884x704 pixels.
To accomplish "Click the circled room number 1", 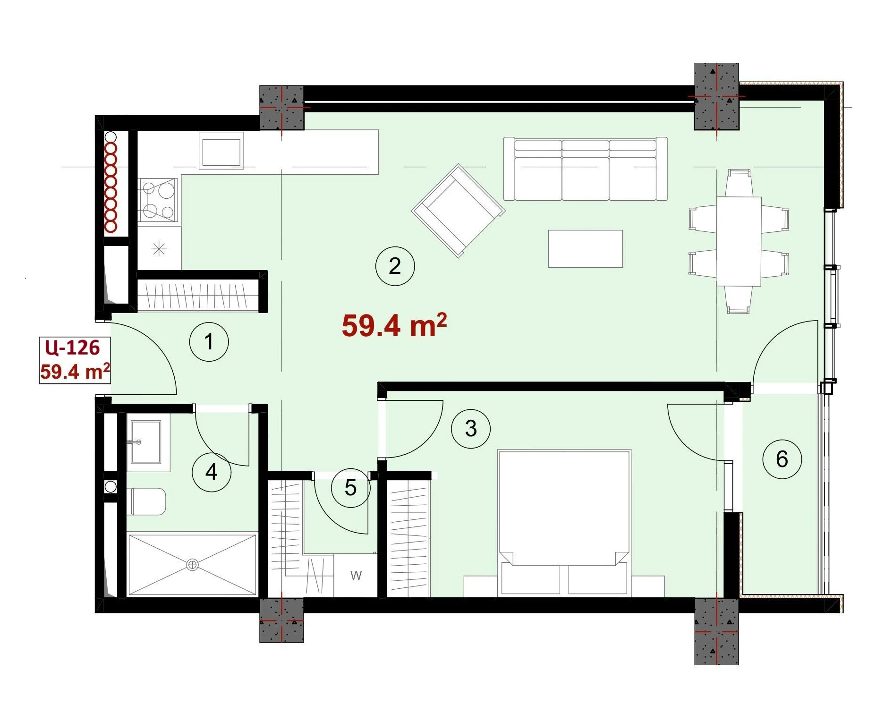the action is point(209,341).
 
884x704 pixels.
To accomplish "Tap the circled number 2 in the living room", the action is point(395,266).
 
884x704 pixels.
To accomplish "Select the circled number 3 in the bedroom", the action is point(471,429).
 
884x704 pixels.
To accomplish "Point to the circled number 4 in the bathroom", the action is point(212,472).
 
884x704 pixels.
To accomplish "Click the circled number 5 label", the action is point(351,488).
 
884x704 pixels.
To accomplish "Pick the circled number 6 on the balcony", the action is point(782,459).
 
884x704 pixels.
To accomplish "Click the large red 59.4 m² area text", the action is point(394,325).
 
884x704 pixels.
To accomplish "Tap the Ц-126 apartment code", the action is point(73,348).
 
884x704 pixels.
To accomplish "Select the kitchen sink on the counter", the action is point(221,150).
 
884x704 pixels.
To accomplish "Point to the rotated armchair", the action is point(458,211).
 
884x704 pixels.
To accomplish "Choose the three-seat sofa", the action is point(586,169).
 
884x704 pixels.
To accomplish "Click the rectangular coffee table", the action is point(586,249).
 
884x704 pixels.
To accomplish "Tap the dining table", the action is point(739,241).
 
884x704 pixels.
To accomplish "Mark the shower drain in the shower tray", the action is point(192,565).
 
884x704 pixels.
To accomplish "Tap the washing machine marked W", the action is point(356,576).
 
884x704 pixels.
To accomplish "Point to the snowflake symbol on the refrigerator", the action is point(160,248).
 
